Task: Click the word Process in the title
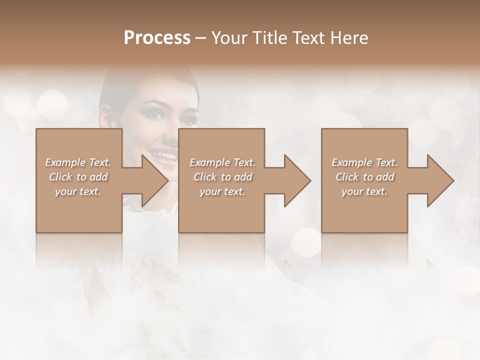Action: pos(157,38)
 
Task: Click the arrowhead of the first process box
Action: pos(152,180)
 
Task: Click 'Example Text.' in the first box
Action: pos(78,162)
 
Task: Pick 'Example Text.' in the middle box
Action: pos(222,162)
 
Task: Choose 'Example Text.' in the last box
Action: pos(364,162)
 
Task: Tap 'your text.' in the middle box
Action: pos(222,191)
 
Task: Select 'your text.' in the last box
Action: pos(364,191)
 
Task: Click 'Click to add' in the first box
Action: pos(78,177)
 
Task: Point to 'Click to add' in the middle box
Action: pos(222,177)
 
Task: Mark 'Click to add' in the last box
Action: pos(364,177)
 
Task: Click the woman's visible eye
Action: pos(156,114)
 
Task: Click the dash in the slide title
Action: pos(201,38)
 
